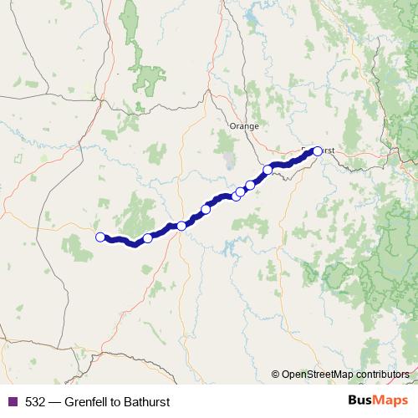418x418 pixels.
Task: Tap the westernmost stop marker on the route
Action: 100,237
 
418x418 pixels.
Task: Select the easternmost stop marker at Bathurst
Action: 318,151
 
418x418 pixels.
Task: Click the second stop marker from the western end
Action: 148,238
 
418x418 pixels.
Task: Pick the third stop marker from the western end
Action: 181,226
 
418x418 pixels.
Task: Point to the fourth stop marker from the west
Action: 206,209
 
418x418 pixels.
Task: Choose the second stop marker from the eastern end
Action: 268,171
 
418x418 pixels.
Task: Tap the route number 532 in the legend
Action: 35,402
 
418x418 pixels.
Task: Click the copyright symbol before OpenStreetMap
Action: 276,375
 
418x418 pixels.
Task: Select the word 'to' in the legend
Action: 118,402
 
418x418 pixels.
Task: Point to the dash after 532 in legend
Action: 54,402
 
